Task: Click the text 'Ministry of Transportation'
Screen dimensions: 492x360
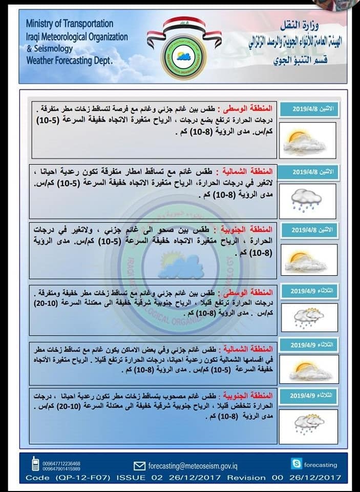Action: (69, 24)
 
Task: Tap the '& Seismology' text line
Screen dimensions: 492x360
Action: (49, 49)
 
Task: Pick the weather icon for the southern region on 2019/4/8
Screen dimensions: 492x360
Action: (308, 259)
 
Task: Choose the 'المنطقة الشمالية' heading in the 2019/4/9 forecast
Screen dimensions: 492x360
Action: (252, 344)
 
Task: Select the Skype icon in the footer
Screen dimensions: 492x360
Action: (296, 464)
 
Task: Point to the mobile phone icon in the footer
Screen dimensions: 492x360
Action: (35, 465)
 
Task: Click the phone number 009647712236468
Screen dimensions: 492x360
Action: (61, 463)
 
